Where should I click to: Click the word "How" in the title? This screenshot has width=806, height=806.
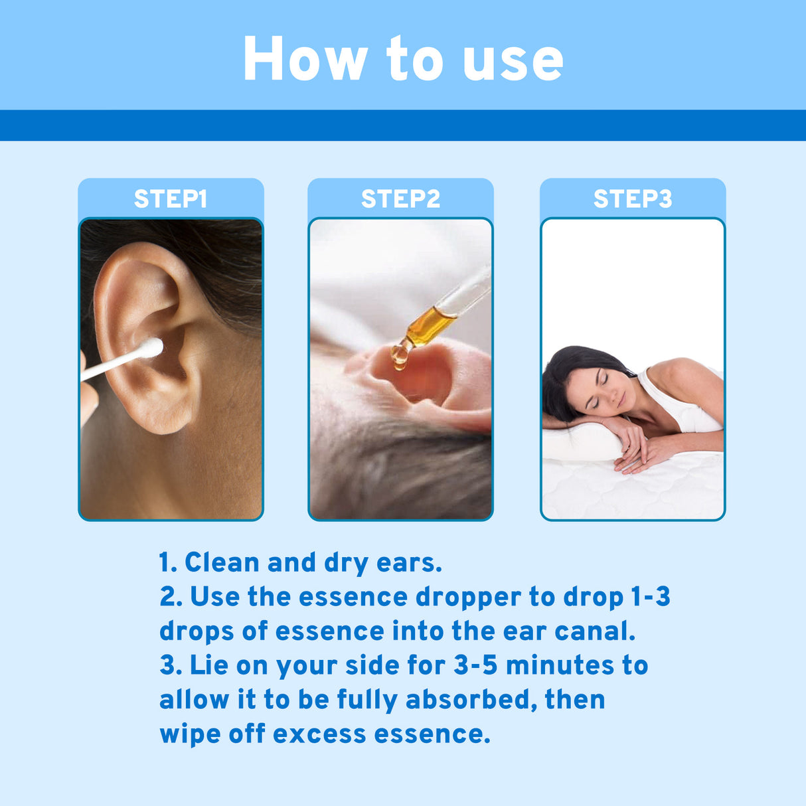coord(305,60)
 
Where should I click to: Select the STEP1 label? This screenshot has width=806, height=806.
coord(171,199)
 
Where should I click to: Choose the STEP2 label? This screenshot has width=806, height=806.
coord(400,199)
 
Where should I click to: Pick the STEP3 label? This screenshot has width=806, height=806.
coord(633,199)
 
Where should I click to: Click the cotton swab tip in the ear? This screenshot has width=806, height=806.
coord(152,347)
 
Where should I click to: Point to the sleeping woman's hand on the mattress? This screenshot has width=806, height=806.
coord(634,458)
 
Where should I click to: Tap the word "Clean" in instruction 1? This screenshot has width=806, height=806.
coord(222,562)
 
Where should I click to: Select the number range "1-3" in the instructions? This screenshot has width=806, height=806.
coord(650,597)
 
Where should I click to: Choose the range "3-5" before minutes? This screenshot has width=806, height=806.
coord(475,665)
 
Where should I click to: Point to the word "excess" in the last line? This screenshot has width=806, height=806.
coord(319,734)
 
